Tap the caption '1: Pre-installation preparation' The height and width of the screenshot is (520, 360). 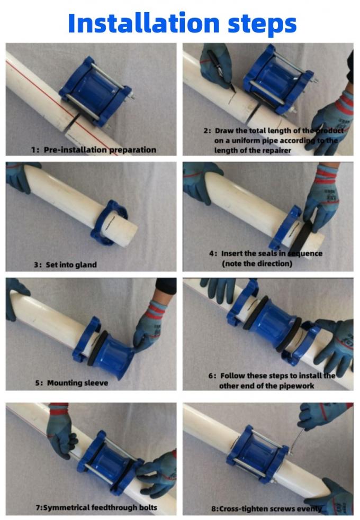[93, 150]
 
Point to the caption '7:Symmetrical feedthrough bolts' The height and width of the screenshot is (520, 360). [88, 508]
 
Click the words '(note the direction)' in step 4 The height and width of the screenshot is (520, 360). [257, 263]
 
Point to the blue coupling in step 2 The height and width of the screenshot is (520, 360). [275, 79]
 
